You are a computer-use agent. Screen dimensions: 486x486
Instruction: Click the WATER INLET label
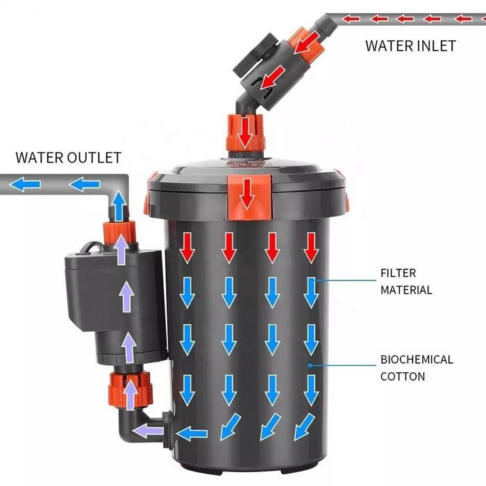[410, 46]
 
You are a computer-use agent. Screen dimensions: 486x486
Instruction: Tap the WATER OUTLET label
[68, 158]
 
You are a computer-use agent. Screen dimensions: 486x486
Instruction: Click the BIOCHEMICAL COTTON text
[417, 368]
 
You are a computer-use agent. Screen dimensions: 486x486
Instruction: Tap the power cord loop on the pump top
[92, 246]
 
